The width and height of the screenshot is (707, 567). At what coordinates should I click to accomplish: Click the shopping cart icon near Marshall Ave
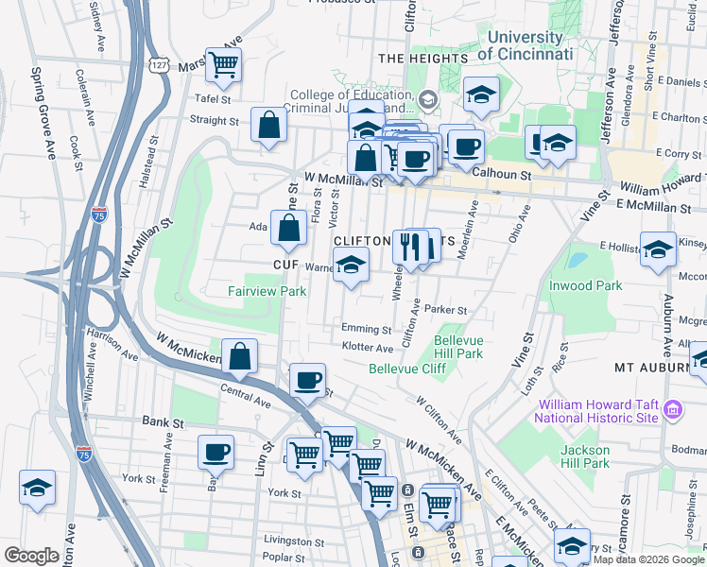pos(224,65)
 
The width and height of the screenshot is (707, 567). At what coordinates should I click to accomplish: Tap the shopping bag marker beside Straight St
pos(269,125)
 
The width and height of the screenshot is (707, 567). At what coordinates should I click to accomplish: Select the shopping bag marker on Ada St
pos(288,228)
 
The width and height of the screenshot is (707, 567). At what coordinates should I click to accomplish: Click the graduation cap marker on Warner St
pos(351,267)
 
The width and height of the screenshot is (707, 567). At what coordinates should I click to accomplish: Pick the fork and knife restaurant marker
pos(410,247)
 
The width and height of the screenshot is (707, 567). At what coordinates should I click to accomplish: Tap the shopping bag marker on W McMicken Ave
pos(240,356)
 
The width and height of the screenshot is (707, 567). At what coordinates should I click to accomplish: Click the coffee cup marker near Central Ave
pos(307,380)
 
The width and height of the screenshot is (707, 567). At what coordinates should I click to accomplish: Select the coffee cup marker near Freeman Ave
pos(216,452)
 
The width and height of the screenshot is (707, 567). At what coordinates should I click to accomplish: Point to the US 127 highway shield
pos(159,61)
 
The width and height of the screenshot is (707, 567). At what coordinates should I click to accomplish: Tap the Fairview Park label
pos(267,292)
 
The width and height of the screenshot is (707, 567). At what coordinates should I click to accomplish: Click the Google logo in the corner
pos(31,556)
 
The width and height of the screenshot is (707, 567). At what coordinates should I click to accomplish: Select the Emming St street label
pos(367,329)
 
